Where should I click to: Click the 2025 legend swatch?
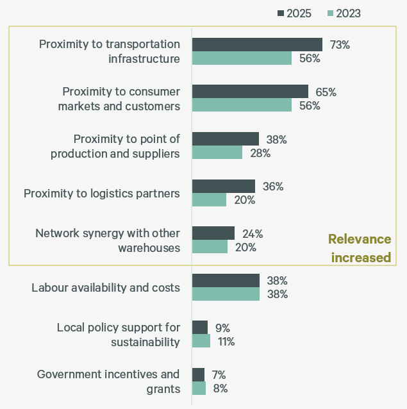coord(280,13)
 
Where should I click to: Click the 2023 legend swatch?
coord(330,13)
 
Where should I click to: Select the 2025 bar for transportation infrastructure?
coord(257,44)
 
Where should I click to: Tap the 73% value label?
coord(340,45)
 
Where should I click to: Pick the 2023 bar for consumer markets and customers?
coord(242,105)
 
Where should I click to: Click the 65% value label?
coord(326,92)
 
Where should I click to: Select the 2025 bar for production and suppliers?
coord(226,139)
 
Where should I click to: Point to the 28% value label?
coord(260,153)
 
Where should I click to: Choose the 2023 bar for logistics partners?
coord(209,199)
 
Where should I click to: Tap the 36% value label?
coord(272,187)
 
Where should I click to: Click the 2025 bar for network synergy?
coord(213,233)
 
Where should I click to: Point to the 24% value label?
coord(252,234)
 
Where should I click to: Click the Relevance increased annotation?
coord(359,248)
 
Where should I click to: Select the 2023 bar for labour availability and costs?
coord(226,294)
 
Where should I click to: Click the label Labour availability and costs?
coord(106,288)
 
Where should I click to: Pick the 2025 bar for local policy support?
coord(200,328)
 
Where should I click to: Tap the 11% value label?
coord(226,342)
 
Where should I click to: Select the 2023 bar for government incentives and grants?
coord(199,388)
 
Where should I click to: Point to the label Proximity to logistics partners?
coord(102,193)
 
